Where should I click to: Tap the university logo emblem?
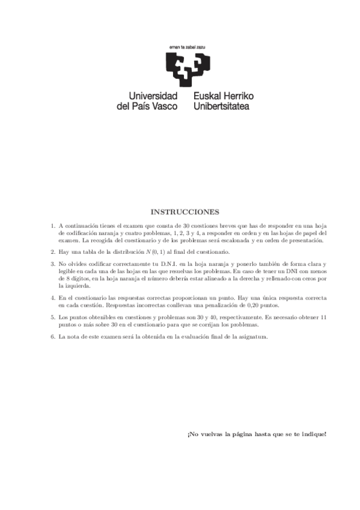(x=186, y=68)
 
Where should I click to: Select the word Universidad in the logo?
(x=153, y=96)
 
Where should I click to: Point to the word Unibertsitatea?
(x=222, y=106)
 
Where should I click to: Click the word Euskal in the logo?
(x=208, y=96)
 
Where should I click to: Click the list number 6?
(x=52, y=336)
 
